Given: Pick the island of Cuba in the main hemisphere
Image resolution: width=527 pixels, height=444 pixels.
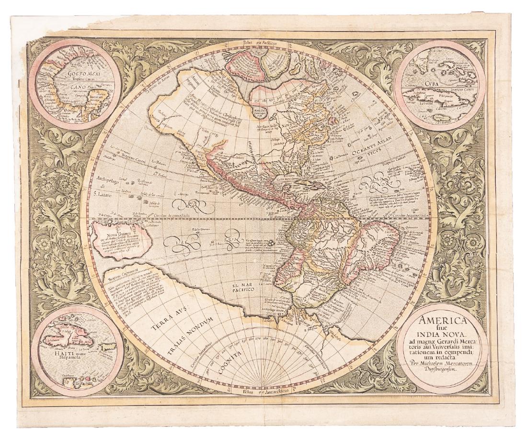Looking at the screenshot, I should [x=307, y=182].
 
